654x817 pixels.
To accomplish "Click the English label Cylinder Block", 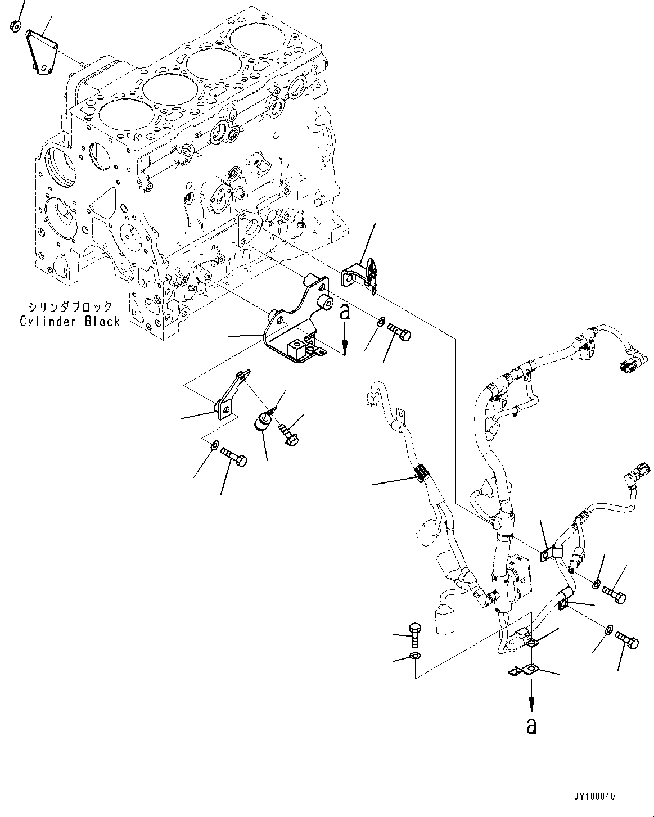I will tap(70, 322).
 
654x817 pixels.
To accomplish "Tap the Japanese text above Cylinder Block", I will tap(70, 307).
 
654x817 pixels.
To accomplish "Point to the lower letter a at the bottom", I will tap(531, 725).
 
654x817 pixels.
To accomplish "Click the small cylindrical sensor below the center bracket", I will tap(264, 421).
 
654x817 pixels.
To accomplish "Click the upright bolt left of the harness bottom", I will tap(413, 635).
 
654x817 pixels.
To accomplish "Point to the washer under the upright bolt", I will tap(414, 656).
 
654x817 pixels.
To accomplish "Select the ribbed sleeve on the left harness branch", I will tap(423, 475).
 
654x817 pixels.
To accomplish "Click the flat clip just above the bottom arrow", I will tap(523, 670).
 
